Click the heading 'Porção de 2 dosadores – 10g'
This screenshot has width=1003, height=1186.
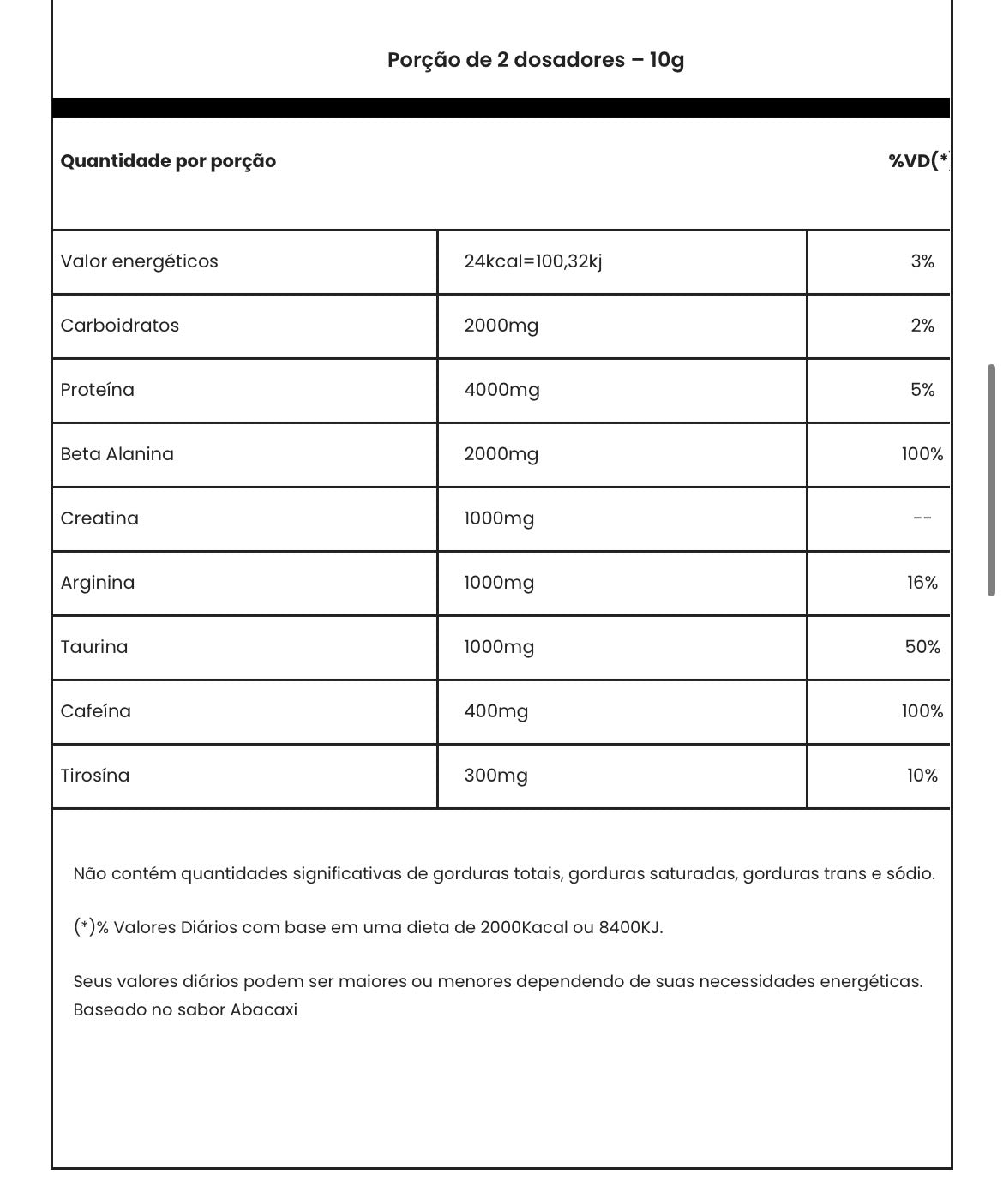[x=535, y=60]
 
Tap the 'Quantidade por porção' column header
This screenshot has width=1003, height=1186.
[x=168, y=161]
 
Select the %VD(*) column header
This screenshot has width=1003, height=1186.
[x=918, y=161]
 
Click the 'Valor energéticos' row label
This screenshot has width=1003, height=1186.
[x=139, y=261]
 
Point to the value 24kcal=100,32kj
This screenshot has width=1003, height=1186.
[x=532, y=261]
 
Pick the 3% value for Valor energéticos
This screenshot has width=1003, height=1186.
[x=922, y=261]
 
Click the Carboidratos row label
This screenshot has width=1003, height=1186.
[x=119, y=326]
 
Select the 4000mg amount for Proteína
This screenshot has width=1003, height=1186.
[x=501, y=390]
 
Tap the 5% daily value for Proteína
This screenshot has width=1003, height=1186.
[x=922, y=390]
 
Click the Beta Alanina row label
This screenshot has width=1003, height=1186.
[x=117, y=454]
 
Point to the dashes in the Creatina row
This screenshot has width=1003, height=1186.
[x=922, y=518]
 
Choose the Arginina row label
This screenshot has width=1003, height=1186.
[x=97, y=583]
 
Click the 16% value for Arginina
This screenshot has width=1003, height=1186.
[x=922, y=583]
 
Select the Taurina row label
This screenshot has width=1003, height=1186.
[x=93, y=647]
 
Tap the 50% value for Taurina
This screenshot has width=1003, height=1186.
[x=922, y=647]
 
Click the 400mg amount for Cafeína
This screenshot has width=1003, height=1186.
[x=495, y=711]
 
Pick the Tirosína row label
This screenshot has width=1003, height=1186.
[x=94, y=776]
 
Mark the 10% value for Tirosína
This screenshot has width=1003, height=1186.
[x=922, y=776]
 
